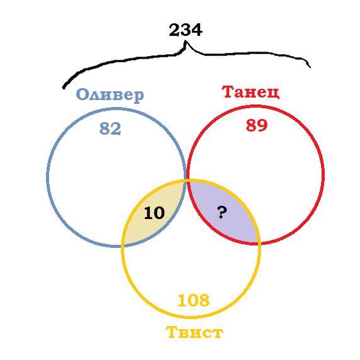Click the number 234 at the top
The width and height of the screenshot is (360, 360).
click(x=186, y=30)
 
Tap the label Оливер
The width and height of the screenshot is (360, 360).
click(x=110, y=95)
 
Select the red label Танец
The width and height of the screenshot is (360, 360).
click(x=251, y=92)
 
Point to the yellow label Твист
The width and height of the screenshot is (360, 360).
click(x=194, y=332)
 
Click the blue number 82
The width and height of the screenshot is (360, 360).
click(x=110, y=128)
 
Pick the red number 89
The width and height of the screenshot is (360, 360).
click(x=257, y=125)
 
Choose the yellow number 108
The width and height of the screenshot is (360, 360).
click(x=194, y=300)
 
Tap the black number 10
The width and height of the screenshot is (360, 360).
click(x=154, y=213)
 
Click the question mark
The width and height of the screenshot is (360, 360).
click(x=222, y=212)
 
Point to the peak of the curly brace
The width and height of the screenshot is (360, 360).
click(x=186, y=42)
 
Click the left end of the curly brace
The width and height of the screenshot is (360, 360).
click(x=64, y=88)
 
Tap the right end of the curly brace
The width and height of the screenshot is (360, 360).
click(x=310, y=67)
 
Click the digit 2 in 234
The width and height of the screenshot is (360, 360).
click(x=174, y=30)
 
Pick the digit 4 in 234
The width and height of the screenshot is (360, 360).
click(x=197, y=30)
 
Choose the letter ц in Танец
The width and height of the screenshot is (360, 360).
click(x=274, y=93)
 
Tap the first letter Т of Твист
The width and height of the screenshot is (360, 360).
click(x=172, y=332)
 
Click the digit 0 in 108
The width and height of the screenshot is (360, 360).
click(x=194, y=300)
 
